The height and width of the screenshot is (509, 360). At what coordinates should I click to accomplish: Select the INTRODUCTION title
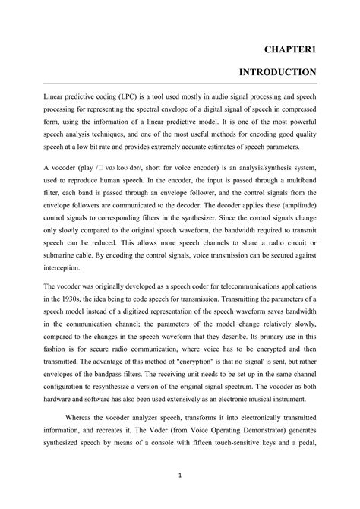[278, 72]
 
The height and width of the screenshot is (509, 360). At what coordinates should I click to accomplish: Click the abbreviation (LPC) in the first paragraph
[120, 98]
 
